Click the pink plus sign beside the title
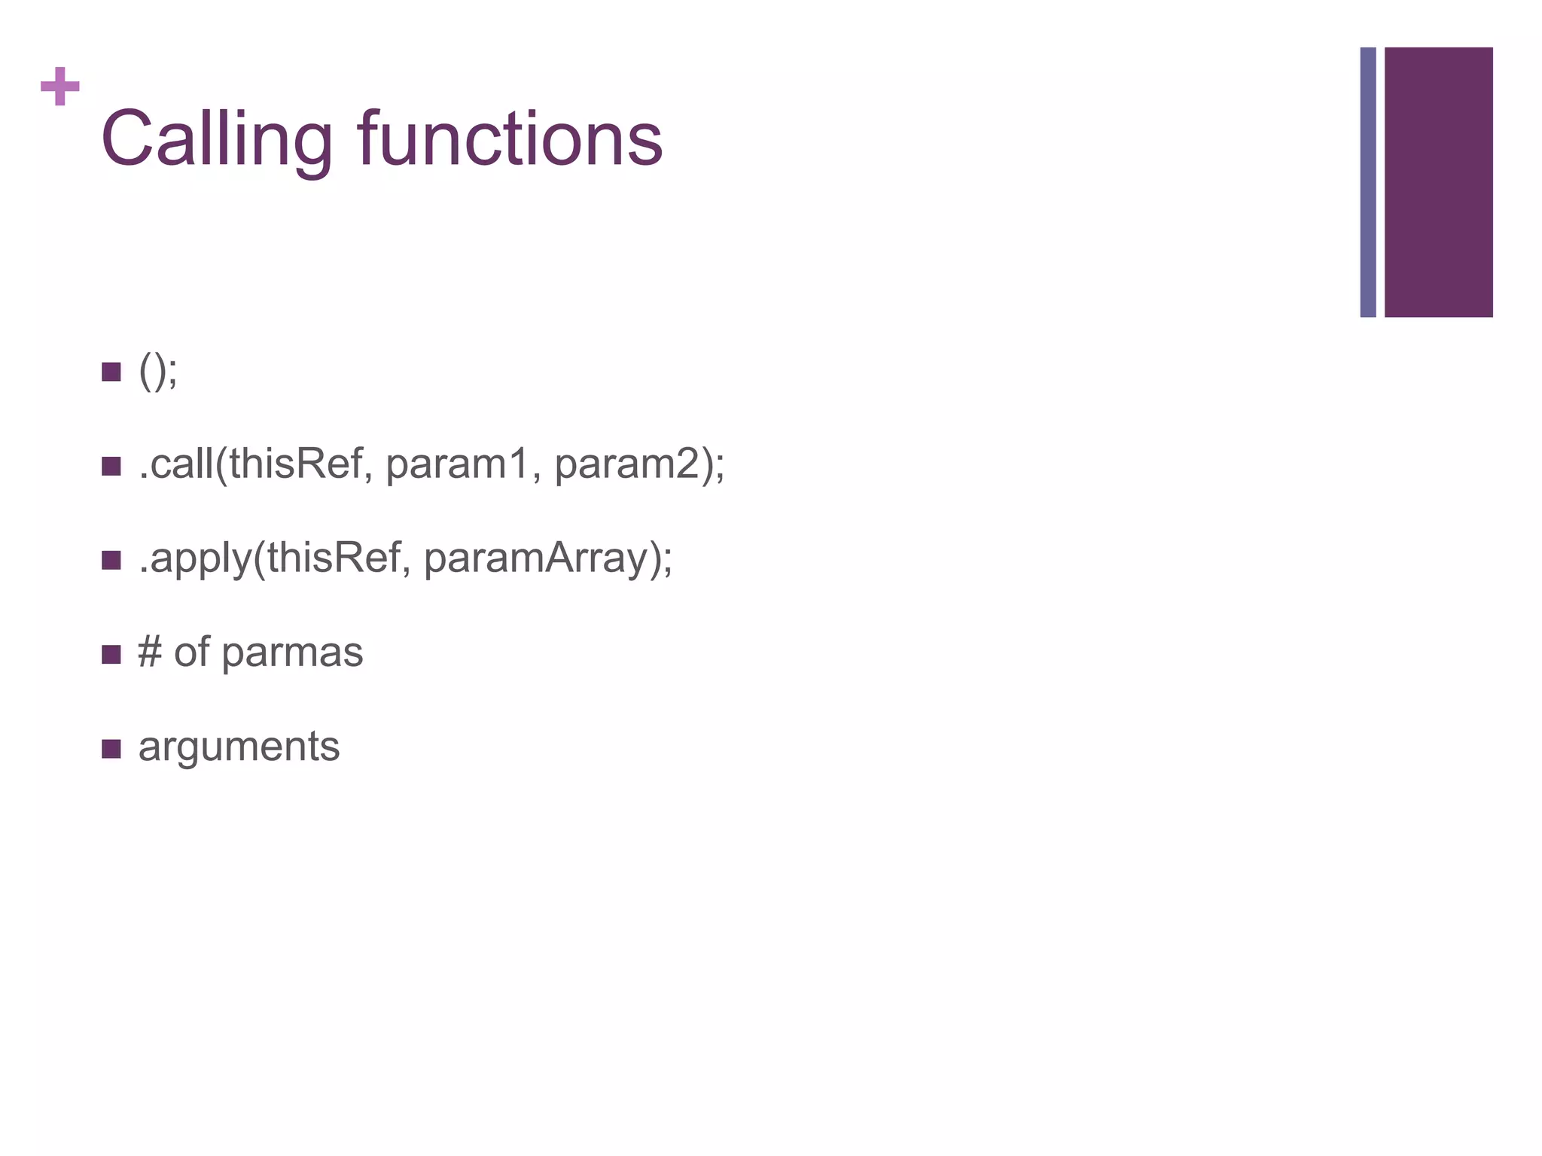pyautogui.click(x=60, y=87)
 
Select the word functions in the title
pyautogui.click(x=510, y=139)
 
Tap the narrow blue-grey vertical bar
pyautogui.click(x=1367, y=182)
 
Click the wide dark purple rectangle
pyautogui.click(x=1438, y=182)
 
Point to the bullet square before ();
pyautogui.click(x=111, y=372)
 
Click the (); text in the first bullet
pyautogui.click(x=158, y=372)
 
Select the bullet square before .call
pyautogui.click(x=111, y=466)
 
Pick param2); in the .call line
pyautogui.click(x=639, y=464)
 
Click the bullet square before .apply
pyautogui.click(x=111, y=560)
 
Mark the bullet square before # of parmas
pyautogui.click(x=111, y=654)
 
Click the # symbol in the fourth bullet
pyautogui.click(x=150, y=653)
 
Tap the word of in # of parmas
pyautogui.click(x=191, y=653)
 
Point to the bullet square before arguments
pyautogui.click(x=111, y=749)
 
